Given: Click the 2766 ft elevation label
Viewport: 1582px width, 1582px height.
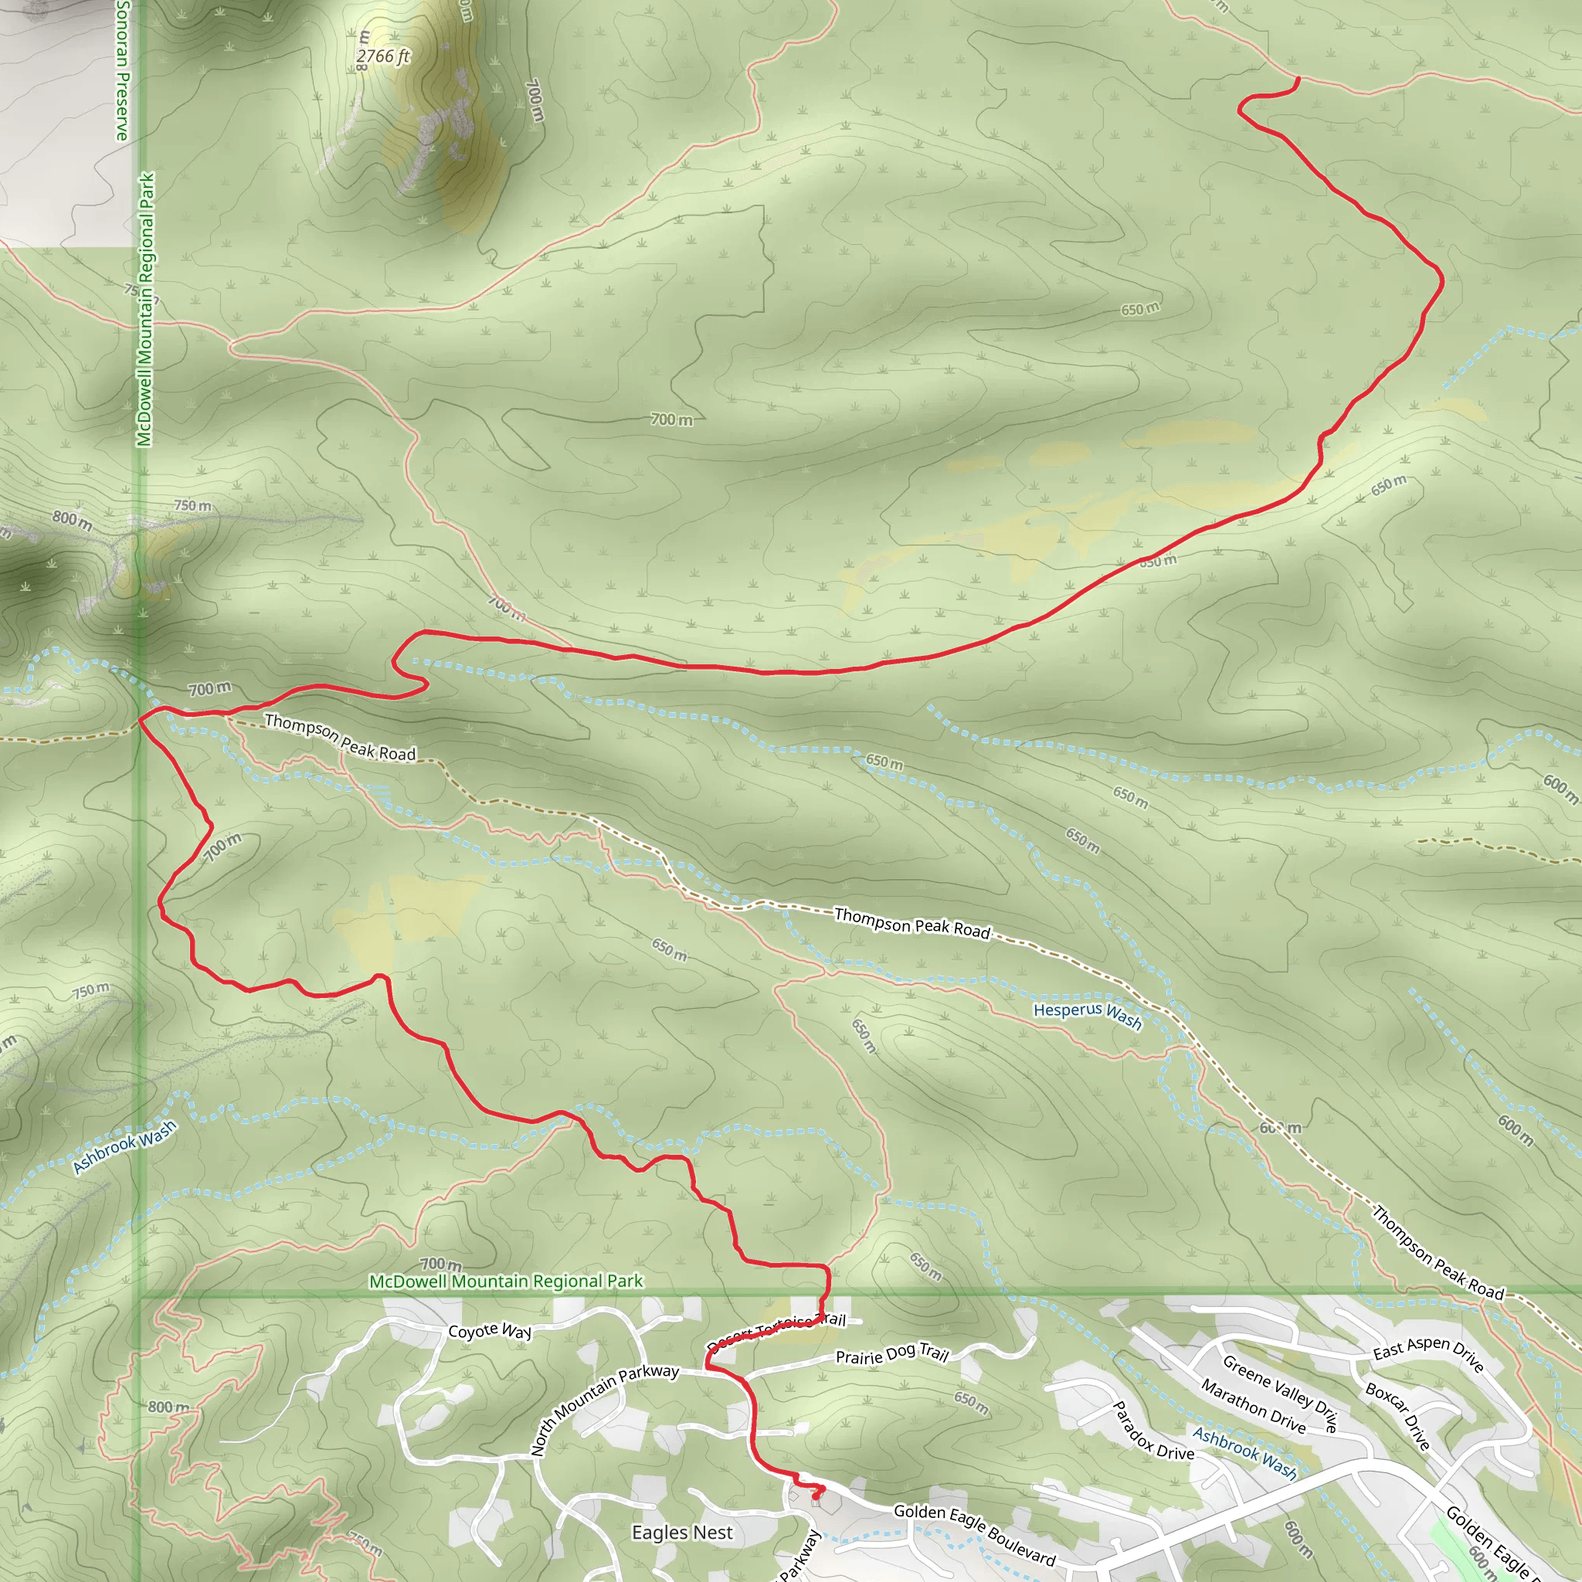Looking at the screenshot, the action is (x=382, y=56).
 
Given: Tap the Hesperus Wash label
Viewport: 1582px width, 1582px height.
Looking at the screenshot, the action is (x=1088, y=1014).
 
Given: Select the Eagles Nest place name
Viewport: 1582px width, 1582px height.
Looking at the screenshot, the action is (x=682, y=1532).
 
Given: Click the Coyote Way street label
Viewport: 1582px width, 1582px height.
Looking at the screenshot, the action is (x=490, y=1331).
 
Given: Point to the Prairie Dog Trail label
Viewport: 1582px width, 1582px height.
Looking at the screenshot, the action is (x=891, y=1353).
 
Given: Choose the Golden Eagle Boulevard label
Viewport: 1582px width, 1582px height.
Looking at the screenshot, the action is (x=974, y=1533).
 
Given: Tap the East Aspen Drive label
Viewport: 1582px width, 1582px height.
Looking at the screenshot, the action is (x=1429, y=1352).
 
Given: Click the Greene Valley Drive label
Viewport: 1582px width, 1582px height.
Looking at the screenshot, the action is (x=1280, y=1393).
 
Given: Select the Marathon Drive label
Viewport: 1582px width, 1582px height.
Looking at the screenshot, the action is (x=1254, y=1405).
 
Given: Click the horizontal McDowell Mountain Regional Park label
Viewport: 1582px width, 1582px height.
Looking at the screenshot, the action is (x=506, y=1281).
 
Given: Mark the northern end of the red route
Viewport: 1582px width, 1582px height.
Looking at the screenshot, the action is (x=1298, y=79).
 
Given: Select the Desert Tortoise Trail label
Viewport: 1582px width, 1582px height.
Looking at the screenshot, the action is (x=776, y=1330).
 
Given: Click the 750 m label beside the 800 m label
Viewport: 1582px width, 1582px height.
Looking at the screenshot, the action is (x=192, y=505).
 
